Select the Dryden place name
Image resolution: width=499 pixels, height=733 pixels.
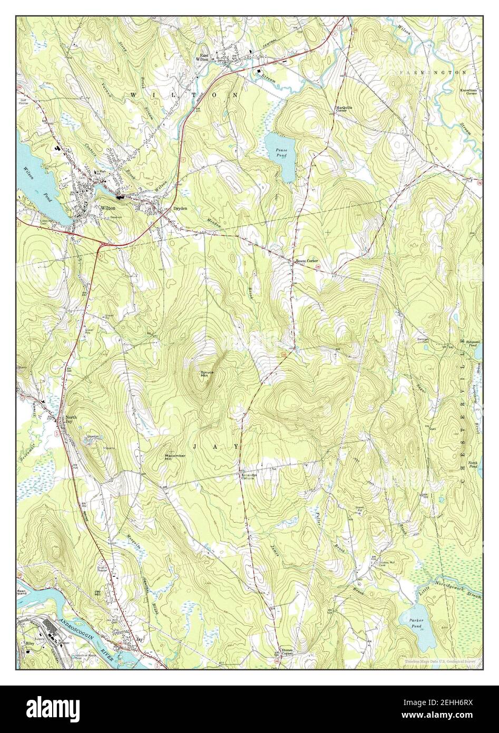180,208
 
